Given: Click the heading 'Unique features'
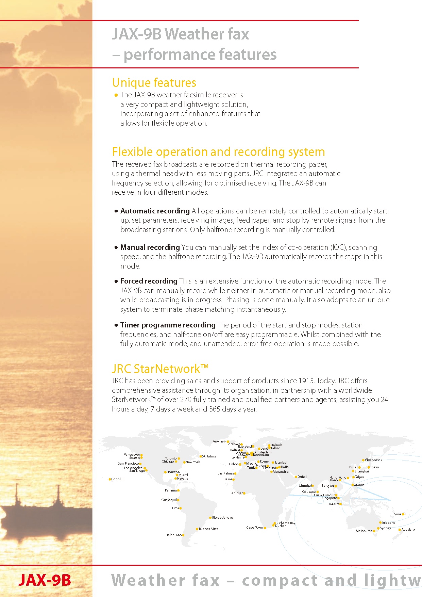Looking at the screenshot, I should tap(154, 83).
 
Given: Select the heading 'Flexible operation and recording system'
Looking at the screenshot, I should tap(218, 152).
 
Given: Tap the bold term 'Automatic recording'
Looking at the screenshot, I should tap(155, 211).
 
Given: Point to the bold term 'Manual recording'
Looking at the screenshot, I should tap(150, 247).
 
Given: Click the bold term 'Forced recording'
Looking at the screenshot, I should tap(149, 281).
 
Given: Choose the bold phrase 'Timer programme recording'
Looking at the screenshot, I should tap(168, 325).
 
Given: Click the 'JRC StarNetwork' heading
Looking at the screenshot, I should tap(160, 369).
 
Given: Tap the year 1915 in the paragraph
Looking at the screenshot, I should tap(306, 381).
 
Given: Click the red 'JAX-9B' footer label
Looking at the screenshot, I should tap(45, 580).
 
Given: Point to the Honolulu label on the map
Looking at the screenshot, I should tap(118, 479).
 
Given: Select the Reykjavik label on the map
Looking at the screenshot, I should tap(219, 441).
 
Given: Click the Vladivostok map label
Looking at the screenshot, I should tap(373, 460).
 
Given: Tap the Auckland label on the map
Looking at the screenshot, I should tap(408, 530).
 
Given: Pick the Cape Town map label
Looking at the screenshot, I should tap(255, 528).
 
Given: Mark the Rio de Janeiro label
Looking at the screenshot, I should tap(223, 518).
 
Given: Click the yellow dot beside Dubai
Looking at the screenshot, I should tap(296, 477).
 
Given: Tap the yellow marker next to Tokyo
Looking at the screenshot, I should tap(369, 467).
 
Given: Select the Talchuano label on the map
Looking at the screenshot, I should tap(174, 535).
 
